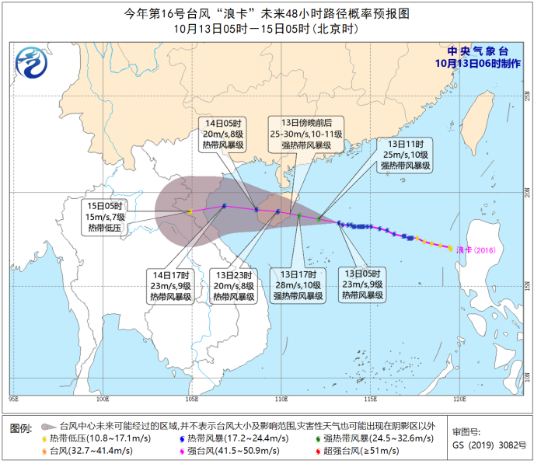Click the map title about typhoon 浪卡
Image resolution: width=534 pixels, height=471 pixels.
click(267, 13)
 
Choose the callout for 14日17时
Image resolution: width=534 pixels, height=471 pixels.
click(171, 285)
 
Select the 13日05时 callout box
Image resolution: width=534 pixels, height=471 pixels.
click(364, 285)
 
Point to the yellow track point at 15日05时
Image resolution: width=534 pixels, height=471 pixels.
click(190, 211)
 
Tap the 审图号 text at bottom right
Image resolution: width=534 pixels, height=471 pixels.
click(466, 431)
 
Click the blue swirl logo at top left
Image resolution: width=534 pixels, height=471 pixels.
click(33, 59)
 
